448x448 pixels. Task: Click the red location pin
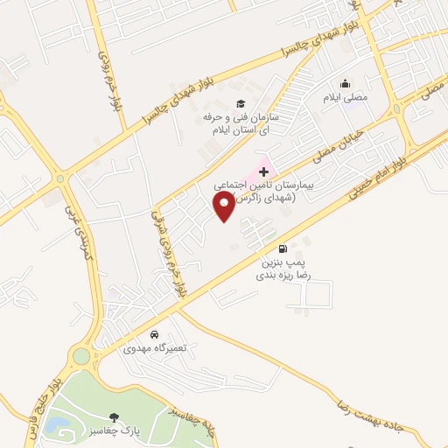224,206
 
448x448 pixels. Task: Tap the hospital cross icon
264,172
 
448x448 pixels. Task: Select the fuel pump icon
281,248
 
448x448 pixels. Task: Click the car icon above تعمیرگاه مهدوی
154,334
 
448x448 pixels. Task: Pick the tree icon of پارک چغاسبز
111,418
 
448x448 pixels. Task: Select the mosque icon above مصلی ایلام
346,84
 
